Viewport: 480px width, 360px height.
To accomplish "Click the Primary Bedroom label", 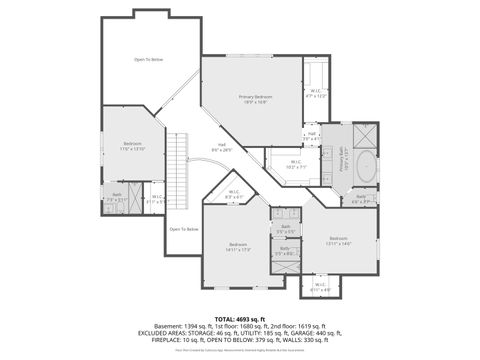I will pyautogui.click(x=252, y=98).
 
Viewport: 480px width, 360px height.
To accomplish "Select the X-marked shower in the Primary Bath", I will pyautogui.click(x=365, y=135).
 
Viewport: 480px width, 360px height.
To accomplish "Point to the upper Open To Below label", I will pyautogui.click(x=148, y=60).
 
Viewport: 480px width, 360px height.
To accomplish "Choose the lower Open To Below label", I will pyautogui.click(x=183, y=229).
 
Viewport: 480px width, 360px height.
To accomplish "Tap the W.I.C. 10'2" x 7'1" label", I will pyautogui.click(x=295, y=164).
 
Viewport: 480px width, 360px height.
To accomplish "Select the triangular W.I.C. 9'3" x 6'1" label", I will pyautogui.click(x=233, y=196).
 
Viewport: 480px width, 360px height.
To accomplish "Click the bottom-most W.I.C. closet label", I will pyautogui.click(x=320, y=286).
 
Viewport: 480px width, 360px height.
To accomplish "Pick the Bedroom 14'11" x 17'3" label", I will pyautogui.click(x=238, y=246).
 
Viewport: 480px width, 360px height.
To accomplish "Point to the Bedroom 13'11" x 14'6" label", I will pyautogui.click(x=339, y=240).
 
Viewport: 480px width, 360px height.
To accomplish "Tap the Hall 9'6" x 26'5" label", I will pyautogui.click(x=222, y=147).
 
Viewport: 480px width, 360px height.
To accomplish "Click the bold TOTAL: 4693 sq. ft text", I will pyautogui.click(x=240, y=318).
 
